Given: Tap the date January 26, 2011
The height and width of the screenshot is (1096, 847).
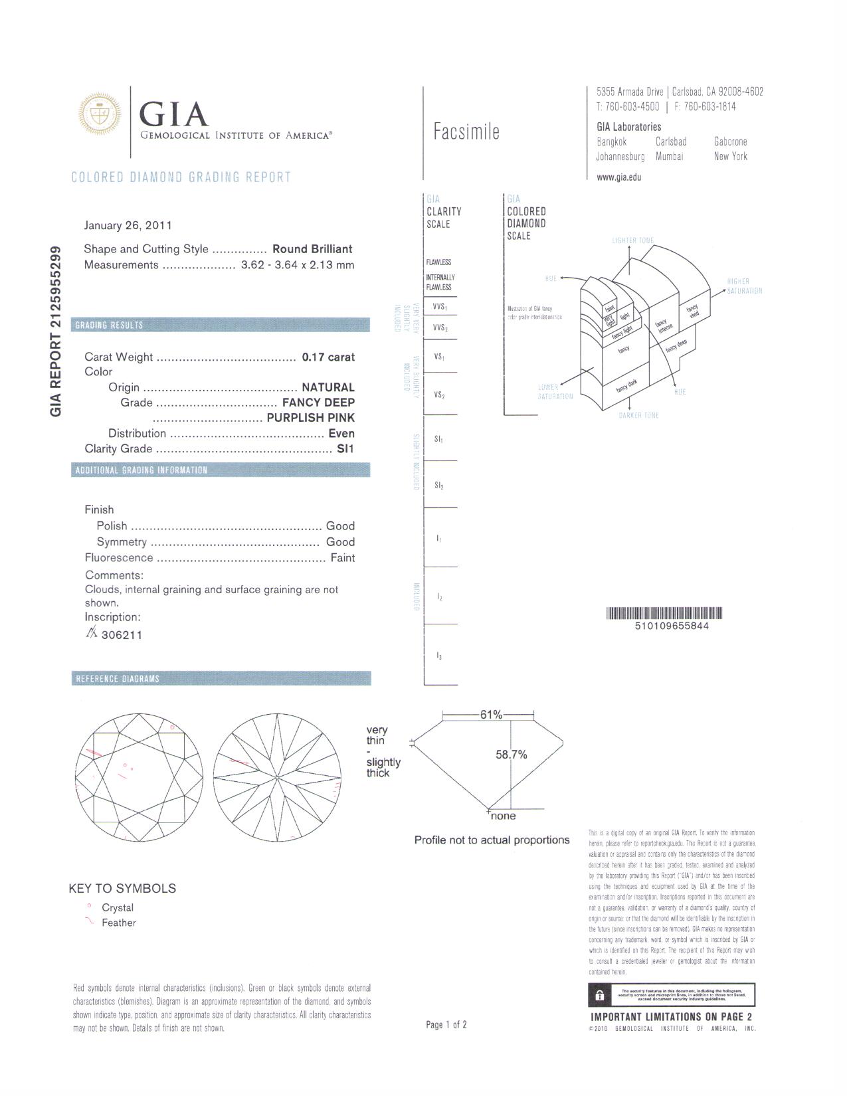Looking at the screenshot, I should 128,225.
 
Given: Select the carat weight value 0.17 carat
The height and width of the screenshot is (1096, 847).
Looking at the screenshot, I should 328,357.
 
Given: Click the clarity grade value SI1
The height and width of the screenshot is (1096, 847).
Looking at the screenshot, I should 345,449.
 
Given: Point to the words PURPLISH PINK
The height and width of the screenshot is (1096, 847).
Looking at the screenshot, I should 310,418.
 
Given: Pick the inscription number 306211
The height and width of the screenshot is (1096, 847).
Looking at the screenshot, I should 122,635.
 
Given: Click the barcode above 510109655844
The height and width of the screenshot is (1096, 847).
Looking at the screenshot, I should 664,613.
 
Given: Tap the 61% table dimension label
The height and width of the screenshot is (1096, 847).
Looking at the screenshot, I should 491,715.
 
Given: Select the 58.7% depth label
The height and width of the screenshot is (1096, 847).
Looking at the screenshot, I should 512,755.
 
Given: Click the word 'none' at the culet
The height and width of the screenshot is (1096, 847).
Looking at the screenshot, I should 503,816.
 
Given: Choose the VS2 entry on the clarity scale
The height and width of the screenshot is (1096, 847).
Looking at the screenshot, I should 438,395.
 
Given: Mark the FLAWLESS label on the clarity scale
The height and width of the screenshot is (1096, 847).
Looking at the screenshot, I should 438,262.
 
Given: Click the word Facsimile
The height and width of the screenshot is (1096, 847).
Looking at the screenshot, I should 466,132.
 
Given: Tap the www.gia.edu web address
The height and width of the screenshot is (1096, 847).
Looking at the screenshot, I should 618,177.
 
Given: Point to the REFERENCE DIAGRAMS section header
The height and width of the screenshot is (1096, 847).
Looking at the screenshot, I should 118,679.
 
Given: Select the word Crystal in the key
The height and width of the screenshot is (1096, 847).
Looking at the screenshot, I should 118,907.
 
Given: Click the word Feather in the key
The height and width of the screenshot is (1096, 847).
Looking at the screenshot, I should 118,923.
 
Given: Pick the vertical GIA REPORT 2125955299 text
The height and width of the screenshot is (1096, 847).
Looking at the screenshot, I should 57,331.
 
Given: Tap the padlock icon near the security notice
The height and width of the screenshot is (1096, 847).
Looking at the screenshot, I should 600,995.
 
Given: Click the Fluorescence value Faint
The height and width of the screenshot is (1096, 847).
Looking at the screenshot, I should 342,558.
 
